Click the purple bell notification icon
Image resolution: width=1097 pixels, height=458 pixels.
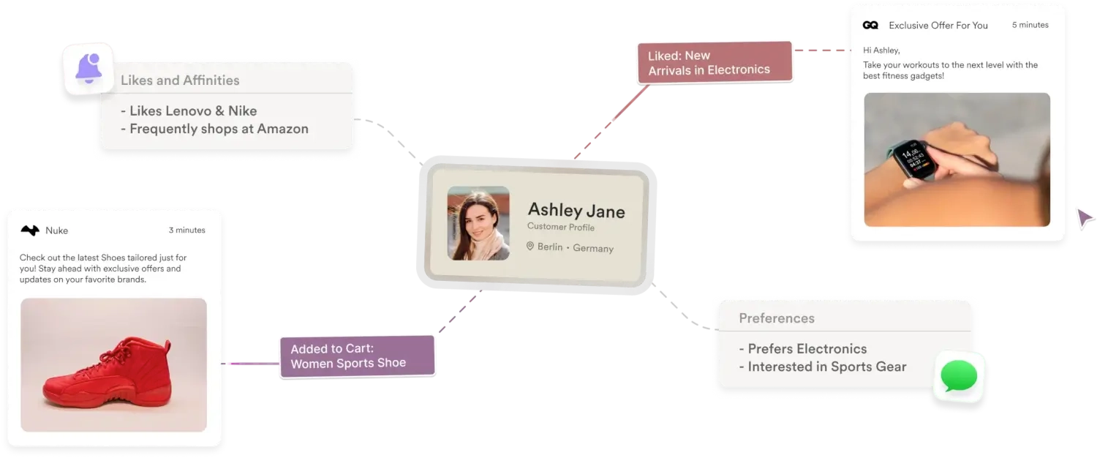click(x=88, y=68)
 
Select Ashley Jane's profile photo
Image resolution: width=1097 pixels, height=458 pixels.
click(x=478, y=223)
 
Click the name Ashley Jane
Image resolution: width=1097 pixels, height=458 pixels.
click(x=576, y=211)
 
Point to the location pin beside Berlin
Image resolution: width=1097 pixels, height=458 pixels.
click(x=530, y=247)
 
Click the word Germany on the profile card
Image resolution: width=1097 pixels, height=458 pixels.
click(x=593, y=248)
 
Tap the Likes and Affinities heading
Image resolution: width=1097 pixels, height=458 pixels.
click(x=180, y=80)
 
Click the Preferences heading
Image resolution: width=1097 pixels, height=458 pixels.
click(x=777, y=318)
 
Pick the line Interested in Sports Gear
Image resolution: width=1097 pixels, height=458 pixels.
click(x=823, y=367)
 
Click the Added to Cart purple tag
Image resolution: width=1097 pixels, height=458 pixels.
click(x=357, y=356)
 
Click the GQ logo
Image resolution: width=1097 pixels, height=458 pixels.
click(x=870, y=25)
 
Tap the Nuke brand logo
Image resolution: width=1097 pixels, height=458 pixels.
click(x=30, y=230)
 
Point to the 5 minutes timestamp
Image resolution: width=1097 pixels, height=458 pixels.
click(x=1030, y=25)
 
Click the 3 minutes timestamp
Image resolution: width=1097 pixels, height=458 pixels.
click(x=186, y=230)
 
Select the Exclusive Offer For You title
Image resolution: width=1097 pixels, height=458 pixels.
click(x=938, y=25)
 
